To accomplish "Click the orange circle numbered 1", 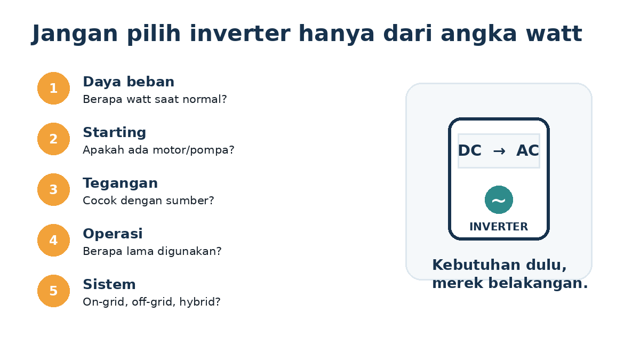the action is pyautogui.click(x=53, y=89).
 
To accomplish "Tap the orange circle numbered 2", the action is pyautogui.click(x=53, y=139).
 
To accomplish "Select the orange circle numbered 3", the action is pyautogui.click(x=53, y=189).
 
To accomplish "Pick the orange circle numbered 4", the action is pyautogui.click(x=53, y=241).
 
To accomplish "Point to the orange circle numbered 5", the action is pyautogui.click(x=53, y=291).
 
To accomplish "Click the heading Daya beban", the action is pyautogui.click(x=129, y=82).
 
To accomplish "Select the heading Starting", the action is pyautogui.click(x=114, y=133).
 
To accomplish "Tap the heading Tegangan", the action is pyautogui.click(x=121, y=183).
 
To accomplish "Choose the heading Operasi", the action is pyautogui.click(x=113, y=234).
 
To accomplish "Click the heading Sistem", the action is pyautogui.click(x=109, y=284).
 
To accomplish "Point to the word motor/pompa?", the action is pyautogui.click(x=194, y=150).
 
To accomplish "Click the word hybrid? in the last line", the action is pyautogui.click(x=199, y=302).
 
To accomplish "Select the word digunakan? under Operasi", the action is pyautogui.click(x=189, y=251).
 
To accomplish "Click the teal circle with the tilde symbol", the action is pyautogui.click(x=499, y=199).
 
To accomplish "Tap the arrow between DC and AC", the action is pyautogui.click(x=499, y=151).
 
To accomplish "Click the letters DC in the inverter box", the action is pyautogui.click(x=470, y=150).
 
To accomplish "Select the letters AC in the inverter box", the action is pyautogui.click(x=527, y=150).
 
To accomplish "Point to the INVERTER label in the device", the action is pyautogui.click(x=499, y=227).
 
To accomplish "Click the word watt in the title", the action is pyautogui.click(x=554, y=34).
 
